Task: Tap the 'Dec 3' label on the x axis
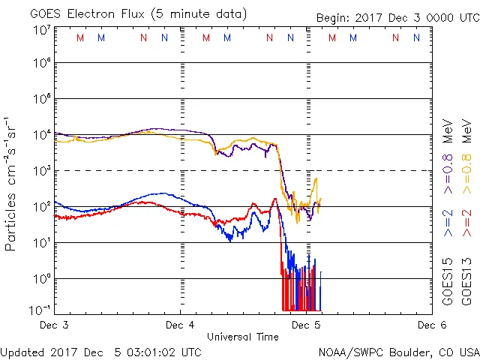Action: coord(53,325)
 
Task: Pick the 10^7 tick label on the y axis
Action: coord(41,30)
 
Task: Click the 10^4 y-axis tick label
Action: coord(41,134)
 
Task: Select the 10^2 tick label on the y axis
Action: coord(41,206)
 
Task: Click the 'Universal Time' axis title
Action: coord(242,337)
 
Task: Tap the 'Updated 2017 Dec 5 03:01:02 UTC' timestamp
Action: coord(100,351)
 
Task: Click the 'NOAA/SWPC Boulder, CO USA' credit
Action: coord(398,351)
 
